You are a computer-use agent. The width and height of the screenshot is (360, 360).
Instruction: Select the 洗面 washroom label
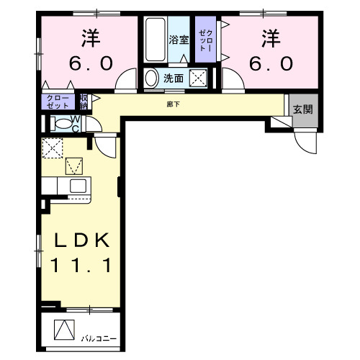pyautogui.click(x=173, y=78)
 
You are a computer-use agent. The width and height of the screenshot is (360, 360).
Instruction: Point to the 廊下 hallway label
pyautogui.click(x=174, y=104)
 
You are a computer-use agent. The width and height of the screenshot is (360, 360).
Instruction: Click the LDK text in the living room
pyautogui.click(x=79, y=240)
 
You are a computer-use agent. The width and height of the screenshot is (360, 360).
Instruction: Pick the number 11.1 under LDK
pyautogui.click(x=79, y=266)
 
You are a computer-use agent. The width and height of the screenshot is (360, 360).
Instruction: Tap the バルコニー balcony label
pyautogui.click(x=97, y=338)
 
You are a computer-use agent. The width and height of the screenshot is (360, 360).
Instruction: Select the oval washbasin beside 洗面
pyautogui.click(x=151, y=78)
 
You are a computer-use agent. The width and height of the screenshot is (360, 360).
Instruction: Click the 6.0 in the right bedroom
pyautogui.click(x=271, y=63)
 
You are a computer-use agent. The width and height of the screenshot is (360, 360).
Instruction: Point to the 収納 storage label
pyautogui.click(x=84, y=100)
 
